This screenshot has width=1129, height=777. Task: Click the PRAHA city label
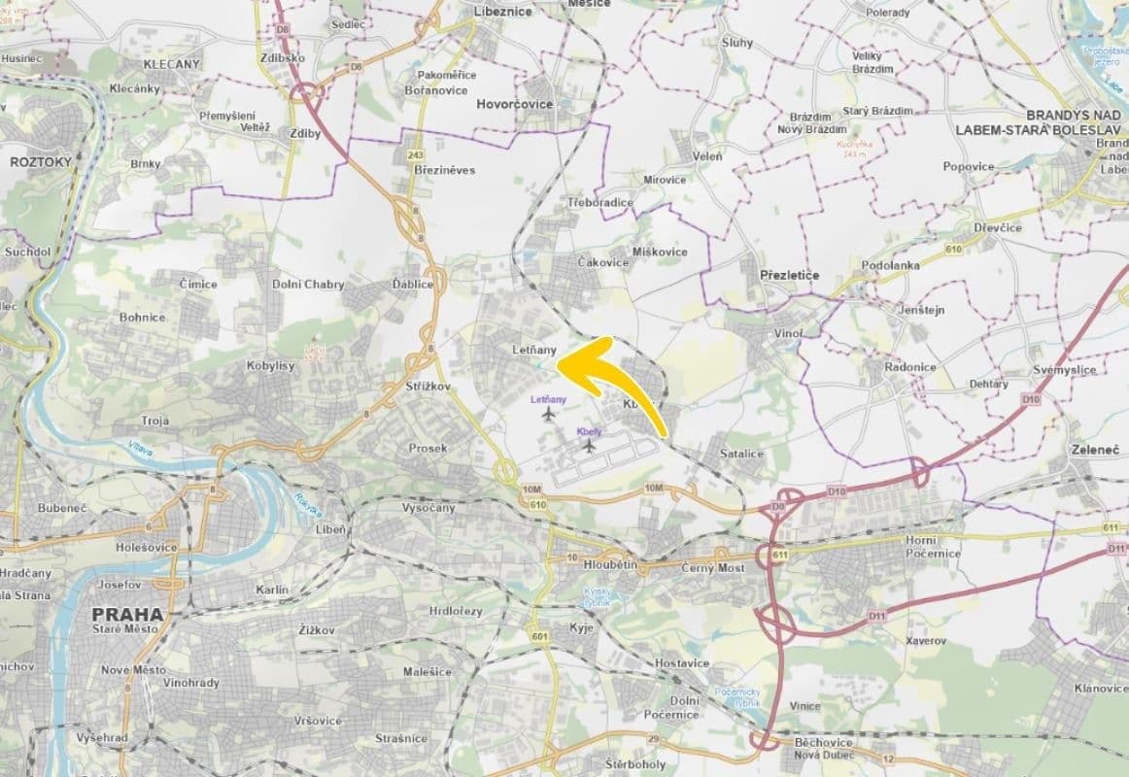click(x=127, y=614)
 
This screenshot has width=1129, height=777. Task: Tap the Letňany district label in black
click(x=534, y=349)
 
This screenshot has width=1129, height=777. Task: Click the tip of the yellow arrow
click(x=560, y=364)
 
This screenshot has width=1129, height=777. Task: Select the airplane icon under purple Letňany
click(x=549, y=416)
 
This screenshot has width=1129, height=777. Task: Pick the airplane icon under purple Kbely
click(x=589, y=446)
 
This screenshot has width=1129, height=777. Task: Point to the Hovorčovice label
click(x=514, y=104)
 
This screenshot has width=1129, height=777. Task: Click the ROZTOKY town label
click(x=41, y=162)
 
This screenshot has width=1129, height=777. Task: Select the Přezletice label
click(x=789, y=275)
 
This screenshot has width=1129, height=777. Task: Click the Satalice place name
click(x=742, y=454)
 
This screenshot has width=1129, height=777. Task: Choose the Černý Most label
click(x=712, y=567)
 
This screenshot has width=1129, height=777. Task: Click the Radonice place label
click(x=910, y=367)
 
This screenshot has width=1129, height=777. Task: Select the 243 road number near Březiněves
click(x=416, y=154)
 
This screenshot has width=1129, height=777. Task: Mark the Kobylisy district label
click(x=270, y=366)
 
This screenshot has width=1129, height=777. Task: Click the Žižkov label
click(x=317, y=630)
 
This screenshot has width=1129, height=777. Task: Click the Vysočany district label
click(x=428, y=508)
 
